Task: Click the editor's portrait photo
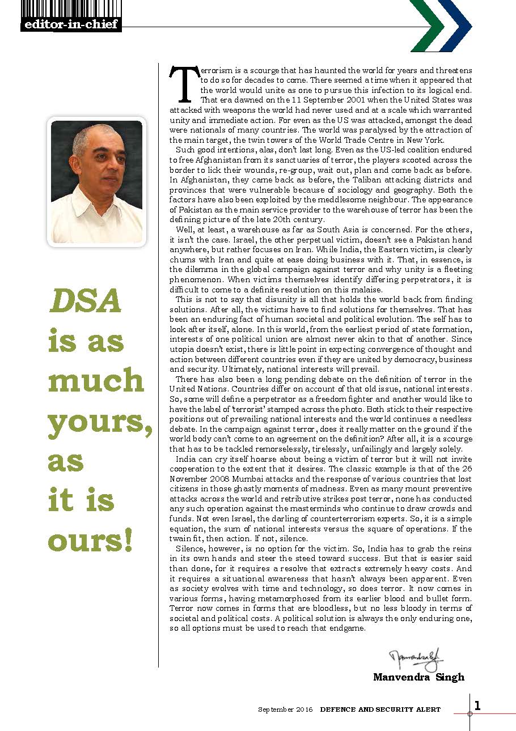click(96, 181)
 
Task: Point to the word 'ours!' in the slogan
click(91, 541)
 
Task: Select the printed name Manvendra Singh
click(418, 677)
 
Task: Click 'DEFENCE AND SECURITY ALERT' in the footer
click(380, 709)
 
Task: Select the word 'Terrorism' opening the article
click(215, 71)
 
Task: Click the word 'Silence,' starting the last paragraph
click(191, 550)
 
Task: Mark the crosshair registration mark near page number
click(470, 713)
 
